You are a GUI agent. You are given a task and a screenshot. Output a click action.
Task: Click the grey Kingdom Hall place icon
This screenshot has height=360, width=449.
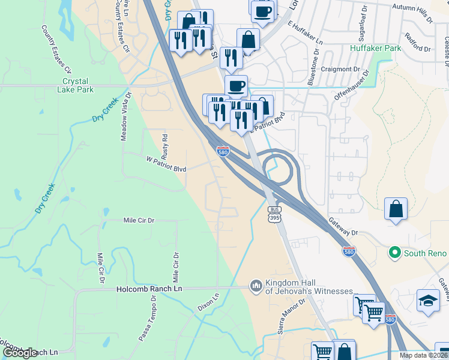click(256, 285)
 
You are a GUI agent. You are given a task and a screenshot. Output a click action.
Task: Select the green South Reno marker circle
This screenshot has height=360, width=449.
click(394, 253)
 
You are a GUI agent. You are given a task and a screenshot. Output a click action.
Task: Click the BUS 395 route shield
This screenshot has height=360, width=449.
click(274, 214)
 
